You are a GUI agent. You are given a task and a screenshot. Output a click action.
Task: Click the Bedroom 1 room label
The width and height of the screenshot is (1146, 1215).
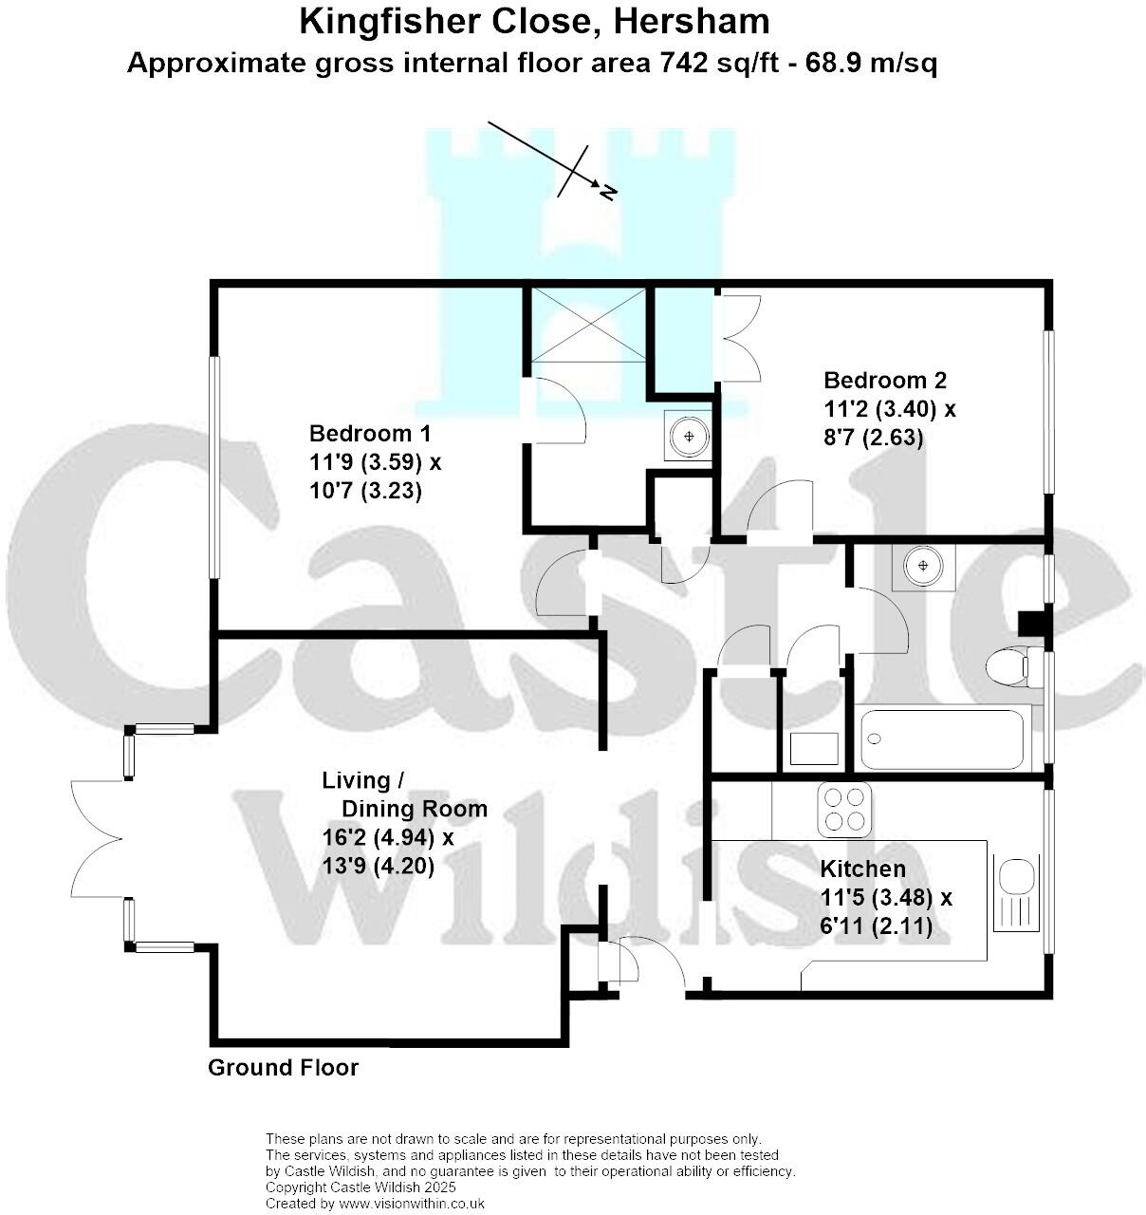[369, 434]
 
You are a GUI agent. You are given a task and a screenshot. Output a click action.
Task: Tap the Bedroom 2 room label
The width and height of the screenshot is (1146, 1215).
[884, 381]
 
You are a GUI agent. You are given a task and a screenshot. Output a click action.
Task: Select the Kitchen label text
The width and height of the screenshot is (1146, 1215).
[862, 869]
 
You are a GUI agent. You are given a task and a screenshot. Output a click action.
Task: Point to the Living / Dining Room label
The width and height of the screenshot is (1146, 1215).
[404, 794]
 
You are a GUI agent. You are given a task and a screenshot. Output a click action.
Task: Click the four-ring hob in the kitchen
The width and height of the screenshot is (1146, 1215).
[844, 810]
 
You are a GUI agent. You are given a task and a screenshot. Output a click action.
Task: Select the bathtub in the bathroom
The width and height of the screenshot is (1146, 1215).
[943, 739]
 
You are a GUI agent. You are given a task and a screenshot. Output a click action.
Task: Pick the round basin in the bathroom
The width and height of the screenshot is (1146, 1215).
[923, 567]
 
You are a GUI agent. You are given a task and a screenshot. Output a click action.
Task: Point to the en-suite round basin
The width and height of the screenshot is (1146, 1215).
[689, 437]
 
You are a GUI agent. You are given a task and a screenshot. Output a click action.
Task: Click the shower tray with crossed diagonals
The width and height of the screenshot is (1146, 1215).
[588, 324]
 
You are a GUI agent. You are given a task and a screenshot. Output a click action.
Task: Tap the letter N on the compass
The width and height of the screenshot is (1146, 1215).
[607, 194]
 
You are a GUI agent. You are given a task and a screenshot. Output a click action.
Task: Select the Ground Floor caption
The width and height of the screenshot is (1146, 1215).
[283, 1068]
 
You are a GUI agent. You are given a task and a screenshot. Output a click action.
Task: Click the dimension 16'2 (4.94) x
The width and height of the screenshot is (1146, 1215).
[387, 838]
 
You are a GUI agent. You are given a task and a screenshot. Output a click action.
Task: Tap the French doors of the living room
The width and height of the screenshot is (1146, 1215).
[98, 838]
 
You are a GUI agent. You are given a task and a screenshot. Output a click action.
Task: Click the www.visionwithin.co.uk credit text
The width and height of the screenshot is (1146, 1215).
[411, 1204]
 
